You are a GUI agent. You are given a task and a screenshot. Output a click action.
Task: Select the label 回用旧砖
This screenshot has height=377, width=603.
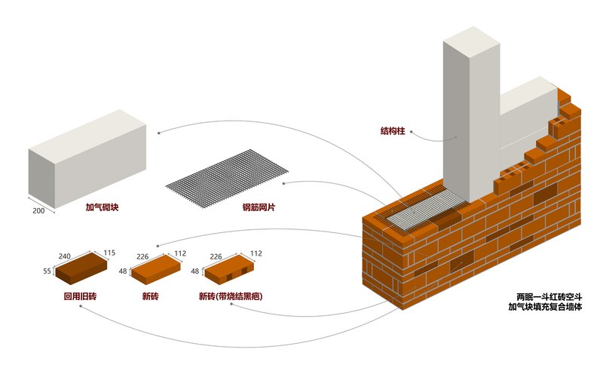click(x=80, y=296)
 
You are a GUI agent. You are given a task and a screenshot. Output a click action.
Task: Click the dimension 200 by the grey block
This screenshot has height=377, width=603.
click(x=38, y=210)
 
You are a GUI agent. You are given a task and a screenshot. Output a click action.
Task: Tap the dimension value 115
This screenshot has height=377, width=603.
click(x=109, y=253)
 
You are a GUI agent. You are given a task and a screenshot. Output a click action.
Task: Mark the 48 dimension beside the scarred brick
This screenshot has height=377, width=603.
click(x=194, y=271)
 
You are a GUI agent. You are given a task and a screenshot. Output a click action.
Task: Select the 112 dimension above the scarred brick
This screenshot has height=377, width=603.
click(x=256, y=253)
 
